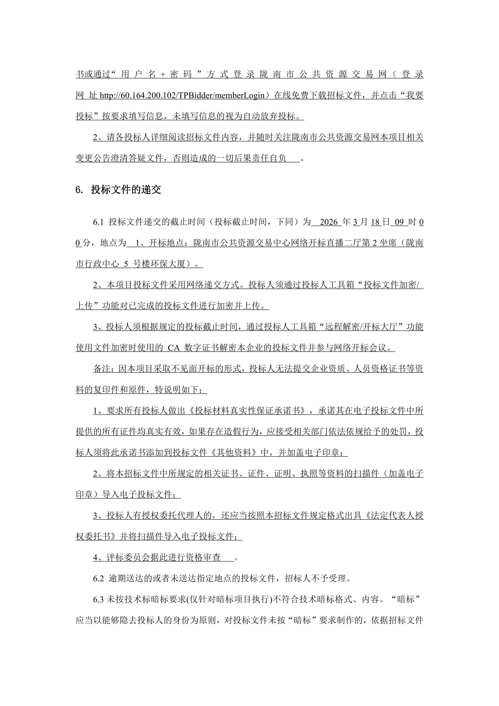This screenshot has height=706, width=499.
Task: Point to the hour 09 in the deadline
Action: pos(399,222)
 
